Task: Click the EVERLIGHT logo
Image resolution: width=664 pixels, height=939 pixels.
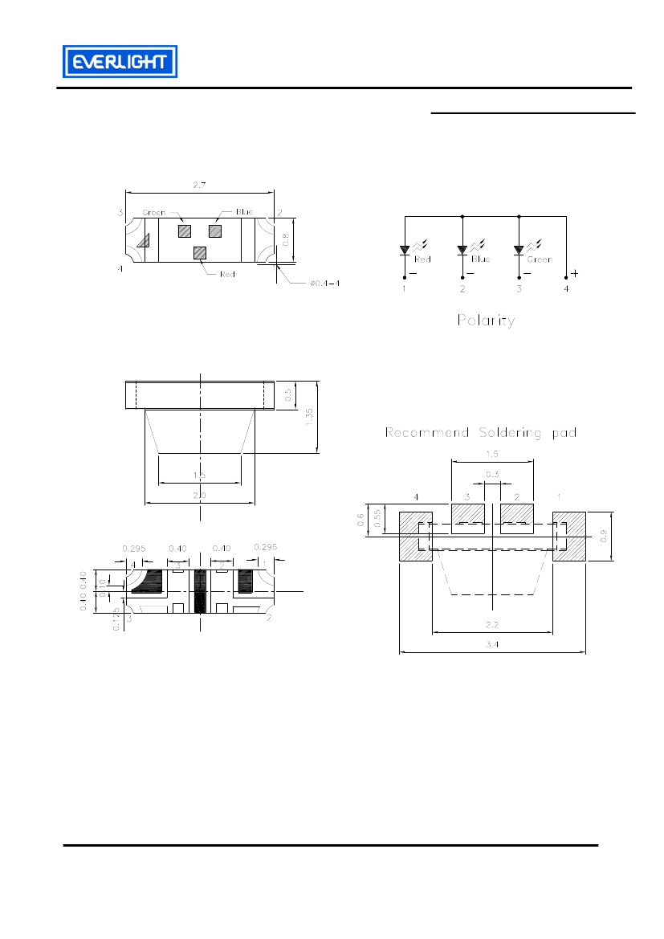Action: [120, 62]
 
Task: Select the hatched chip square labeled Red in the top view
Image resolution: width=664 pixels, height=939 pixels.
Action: [200, 252]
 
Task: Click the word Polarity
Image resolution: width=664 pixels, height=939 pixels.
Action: [486, 320]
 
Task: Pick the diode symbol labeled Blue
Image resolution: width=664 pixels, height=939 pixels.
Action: [462, 250]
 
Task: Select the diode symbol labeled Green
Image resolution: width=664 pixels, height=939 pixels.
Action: [519, 250]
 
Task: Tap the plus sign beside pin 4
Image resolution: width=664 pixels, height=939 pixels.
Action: [575, 273]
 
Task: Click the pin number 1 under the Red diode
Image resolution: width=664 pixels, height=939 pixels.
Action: [404, 288]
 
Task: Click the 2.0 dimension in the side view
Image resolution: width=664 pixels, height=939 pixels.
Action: [199, 496]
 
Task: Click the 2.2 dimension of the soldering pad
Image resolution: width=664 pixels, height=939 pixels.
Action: [492, 625]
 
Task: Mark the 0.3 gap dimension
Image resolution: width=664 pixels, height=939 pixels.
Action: [492, 475]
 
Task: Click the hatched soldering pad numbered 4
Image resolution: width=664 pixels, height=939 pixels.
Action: [415, 536]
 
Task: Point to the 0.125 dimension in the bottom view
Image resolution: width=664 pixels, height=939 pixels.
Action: [116, 619]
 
